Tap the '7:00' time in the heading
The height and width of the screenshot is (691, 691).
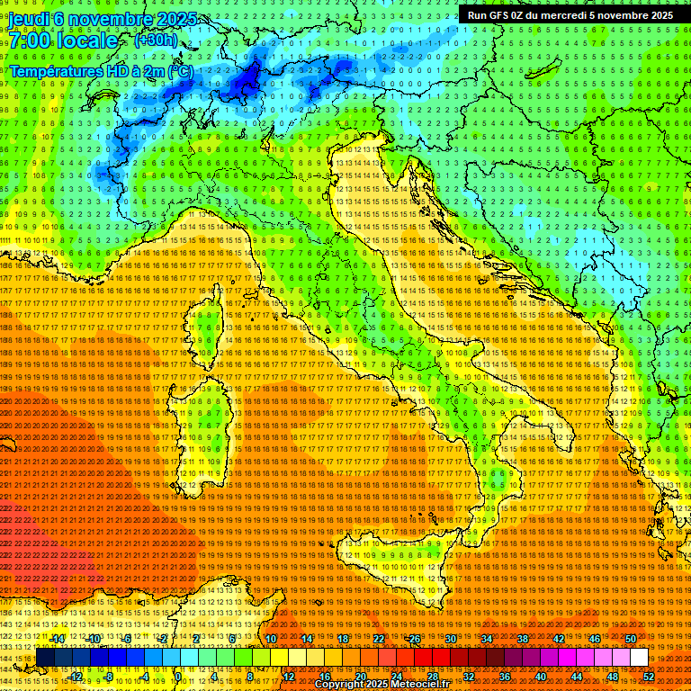tap(30, 41)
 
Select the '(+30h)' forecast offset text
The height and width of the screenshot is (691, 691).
tap(156, 40)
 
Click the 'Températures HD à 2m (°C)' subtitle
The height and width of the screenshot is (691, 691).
tap(101, 70)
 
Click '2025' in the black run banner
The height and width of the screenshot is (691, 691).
tap(655, 15)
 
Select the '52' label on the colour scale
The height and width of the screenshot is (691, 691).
tap(649, 676)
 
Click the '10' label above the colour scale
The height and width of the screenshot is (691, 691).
tap(270, 639)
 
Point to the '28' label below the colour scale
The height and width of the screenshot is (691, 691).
tap(432, 676)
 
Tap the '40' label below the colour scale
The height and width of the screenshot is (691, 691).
tap(540, 676)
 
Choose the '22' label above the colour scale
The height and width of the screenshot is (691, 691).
tap(379, 639)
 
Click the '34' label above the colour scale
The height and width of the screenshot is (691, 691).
tap(487, 639)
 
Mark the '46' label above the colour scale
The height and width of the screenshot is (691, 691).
tap(594, 639)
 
